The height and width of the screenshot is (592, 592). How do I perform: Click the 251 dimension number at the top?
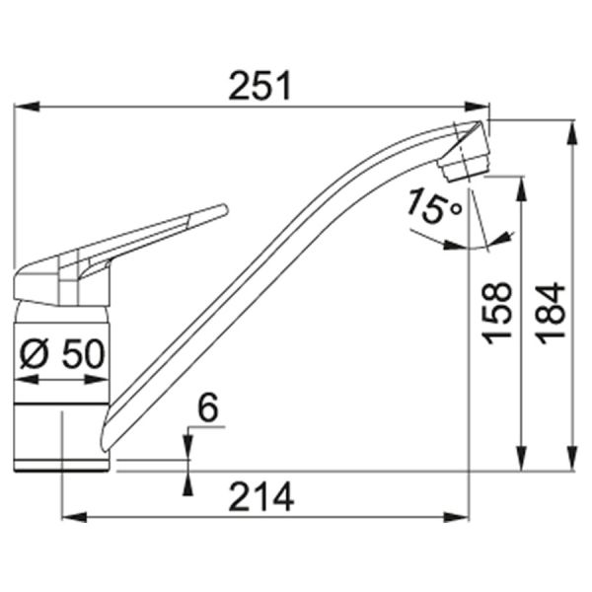259,87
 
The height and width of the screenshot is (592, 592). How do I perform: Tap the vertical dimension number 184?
554,312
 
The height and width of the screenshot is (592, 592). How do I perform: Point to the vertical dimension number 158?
498,312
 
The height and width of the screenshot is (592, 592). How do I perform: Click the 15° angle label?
432,206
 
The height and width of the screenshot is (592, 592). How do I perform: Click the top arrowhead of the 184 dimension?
571,127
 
